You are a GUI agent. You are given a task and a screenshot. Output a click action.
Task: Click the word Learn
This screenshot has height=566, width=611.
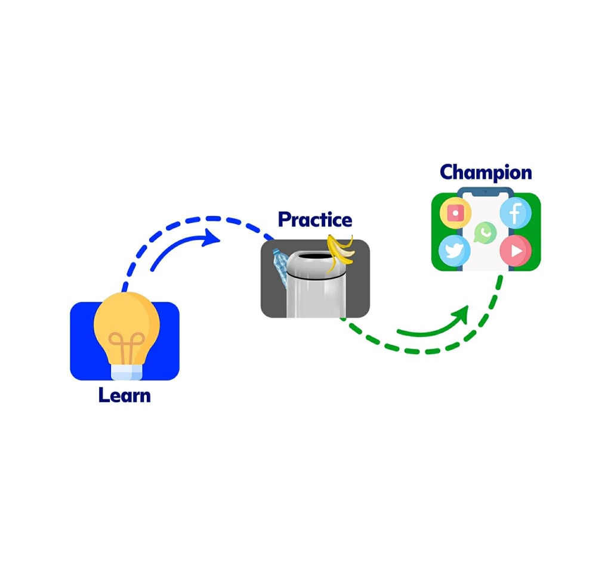click(124, 395)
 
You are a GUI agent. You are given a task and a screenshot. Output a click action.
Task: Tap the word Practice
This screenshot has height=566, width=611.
click(315, 219)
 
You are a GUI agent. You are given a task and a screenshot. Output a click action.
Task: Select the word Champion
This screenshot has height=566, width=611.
click(486, 172)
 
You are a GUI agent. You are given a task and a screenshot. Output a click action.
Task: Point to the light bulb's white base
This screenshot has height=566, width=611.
click(126, 372)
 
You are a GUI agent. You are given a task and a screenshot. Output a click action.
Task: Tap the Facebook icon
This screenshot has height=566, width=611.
click(515, 213)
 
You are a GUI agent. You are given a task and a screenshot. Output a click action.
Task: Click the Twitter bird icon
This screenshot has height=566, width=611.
click(454, 251)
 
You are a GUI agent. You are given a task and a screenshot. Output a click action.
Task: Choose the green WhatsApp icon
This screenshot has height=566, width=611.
click(485, 233)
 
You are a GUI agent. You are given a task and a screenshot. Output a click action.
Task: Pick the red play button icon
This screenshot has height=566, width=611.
click(516, 251)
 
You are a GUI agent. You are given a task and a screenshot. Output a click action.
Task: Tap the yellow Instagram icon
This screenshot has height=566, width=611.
click(455, 213)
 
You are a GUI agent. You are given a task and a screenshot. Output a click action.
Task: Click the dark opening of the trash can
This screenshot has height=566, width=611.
click(315, 258)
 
